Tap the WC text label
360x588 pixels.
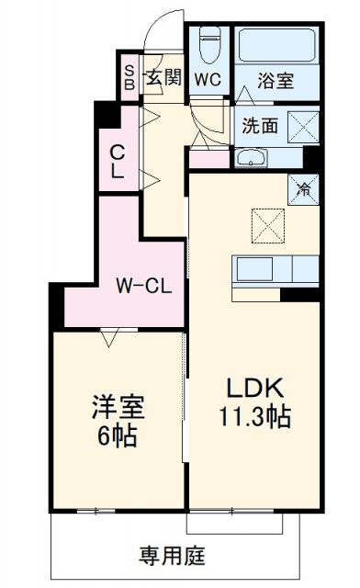click(x=207, y=79)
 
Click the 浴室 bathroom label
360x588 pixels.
click(x=276, y=80)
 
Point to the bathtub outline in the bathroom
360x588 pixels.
click(x=276, y=46)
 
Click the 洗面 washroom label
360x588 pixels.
click(x=260, y=127)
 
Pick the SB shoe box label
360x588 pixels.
click(x=129, y=79)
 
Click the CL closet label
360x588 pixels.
click(x=118, y=161)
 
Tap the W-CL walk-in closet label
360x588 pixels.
click(x=141, y=286)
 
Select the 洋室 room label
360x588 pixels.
click(x=116, y=405)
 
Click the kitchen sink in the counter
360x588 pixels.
click(x=253, y=270)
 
